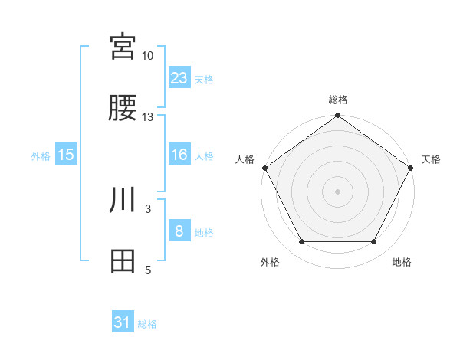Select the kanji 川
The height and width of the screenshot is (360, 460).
123,200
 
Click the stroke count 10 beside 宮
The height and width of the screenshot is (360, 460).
148,56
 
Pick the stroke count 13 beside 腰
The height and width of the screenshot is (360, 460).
148,117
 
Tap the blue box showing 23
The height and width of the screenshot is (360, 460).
179,78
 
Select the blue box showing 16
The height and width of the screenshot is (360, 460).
179,155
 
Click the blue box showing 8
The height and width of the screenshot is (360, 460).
179,231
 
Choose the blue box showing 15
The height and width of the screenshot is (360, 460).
66,155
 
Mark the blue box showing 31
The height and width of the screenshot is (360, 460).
123,323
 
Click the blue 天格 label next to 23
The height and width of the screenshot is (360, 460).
204,79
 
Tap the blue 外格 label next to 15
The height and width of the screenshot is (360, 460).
41,155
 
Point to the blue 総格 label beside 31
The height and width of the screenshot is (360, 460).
147,324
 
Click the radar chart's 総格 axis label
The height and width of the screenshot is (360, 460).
338,100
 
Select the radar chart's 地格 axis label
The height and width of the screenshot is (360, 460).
402,262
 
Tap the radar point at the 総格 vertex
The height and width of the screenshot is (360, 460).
337,116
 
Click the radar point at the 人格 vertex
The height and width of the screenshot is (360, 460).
264,168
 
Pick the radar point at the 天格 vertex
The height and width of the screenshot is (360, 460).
411,168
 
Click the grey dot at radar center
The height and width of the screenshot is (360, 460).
337,191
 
